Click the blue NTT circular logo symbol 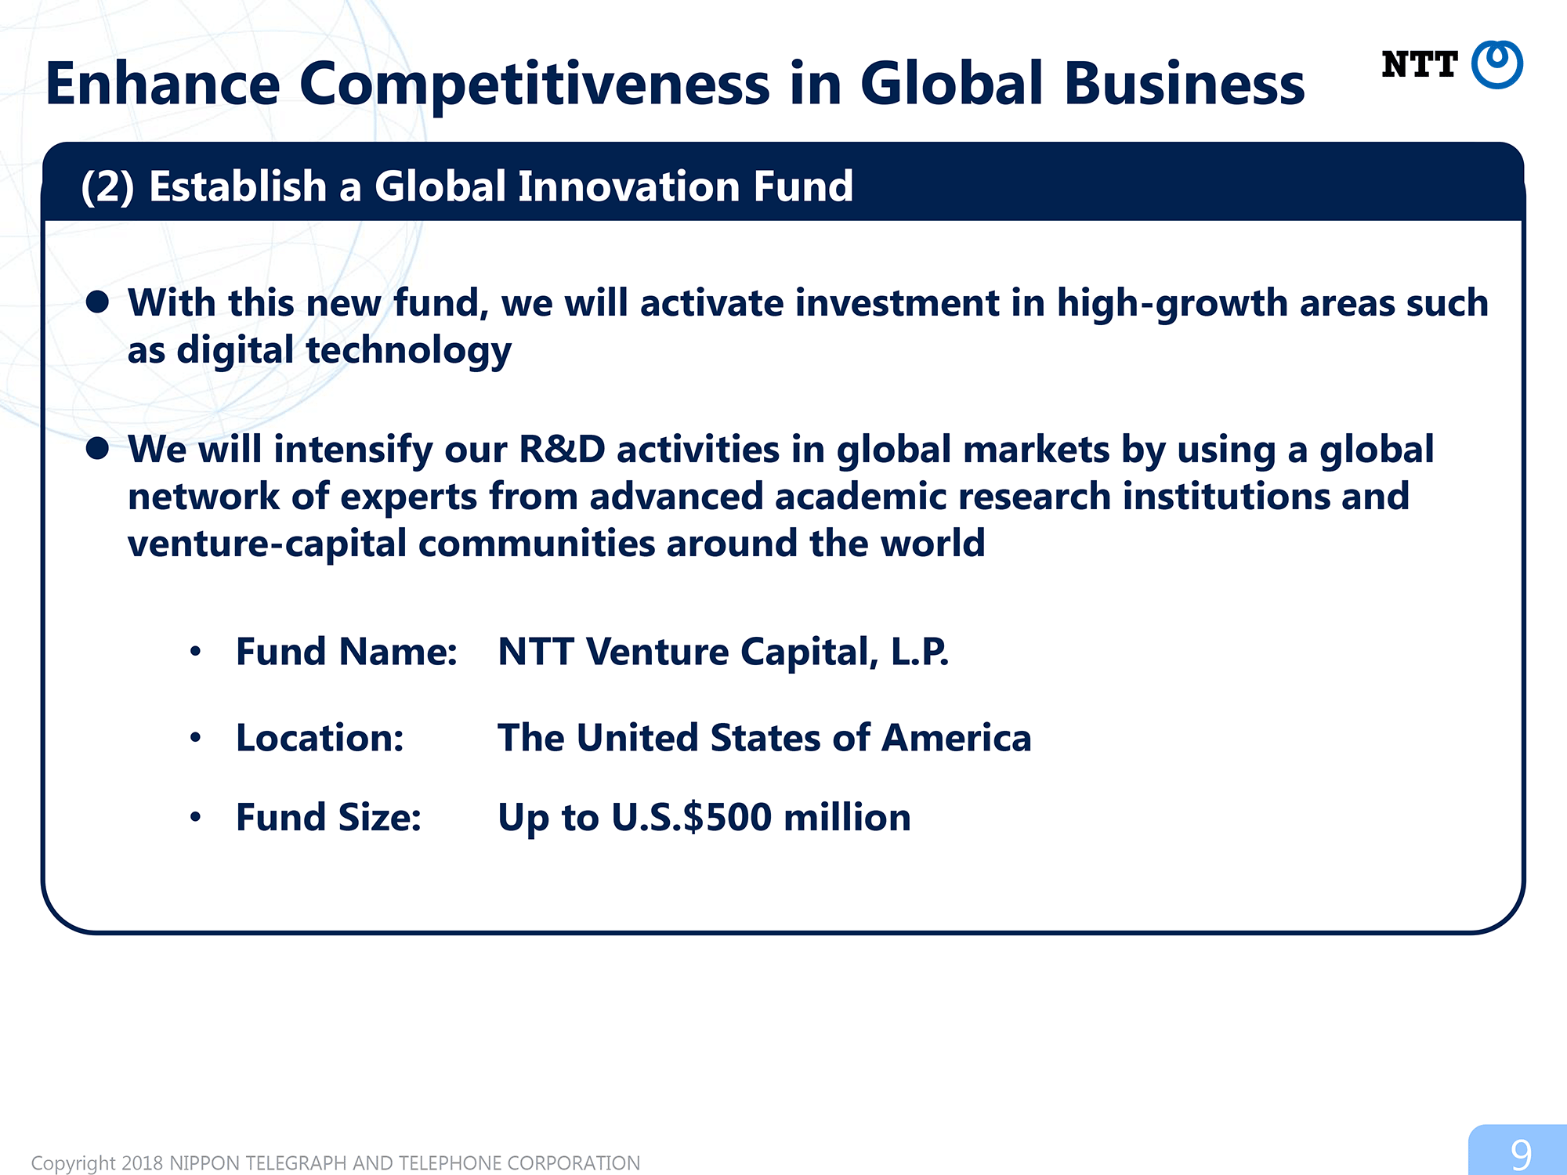coord(1496,64)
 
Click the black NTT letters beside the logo coord(1419,64)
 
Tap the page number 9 coord(1521,1155)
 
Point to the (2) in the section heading coord(108,187)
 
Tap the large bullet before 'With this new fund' coord(97,302)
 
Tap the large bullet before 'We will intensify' coord(97,448)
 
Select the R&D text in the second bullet coord(563,450)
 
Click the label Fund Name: coord(346,652)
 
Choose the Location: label coord(320,738)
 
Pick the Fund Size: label coord(328,817)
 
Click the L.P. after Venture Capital coord(919,652)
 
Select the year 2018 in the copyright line coord(142,1163)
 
